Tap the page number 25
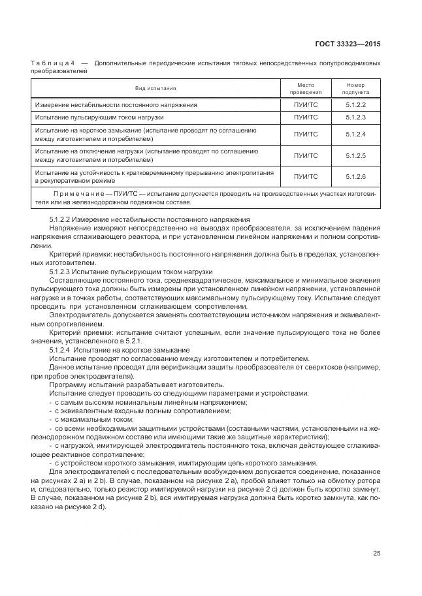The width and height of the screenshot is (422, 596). [x=376, y=554]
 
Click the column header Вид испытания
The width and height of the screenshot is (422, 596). [x=155, y=88]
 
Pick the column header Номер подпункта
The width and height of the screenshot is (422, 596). [x=355, y=88]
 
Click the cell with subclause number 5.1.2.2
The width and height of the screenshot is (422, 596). [x=355, y=104]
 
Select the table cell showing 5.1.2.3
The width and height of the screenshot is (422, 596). [x=355, y=118]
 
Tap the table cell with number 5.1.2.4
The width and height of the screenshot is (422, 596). [x=355, y=134]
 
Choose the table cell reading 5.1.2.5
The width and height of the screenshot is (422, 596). [x=355, y=155]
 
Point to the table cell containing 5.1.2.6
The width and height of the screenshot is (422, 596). [x=355, y=176]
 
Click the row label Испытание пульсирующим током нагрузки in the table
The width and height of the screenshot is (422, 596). [x=99, y=118]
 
